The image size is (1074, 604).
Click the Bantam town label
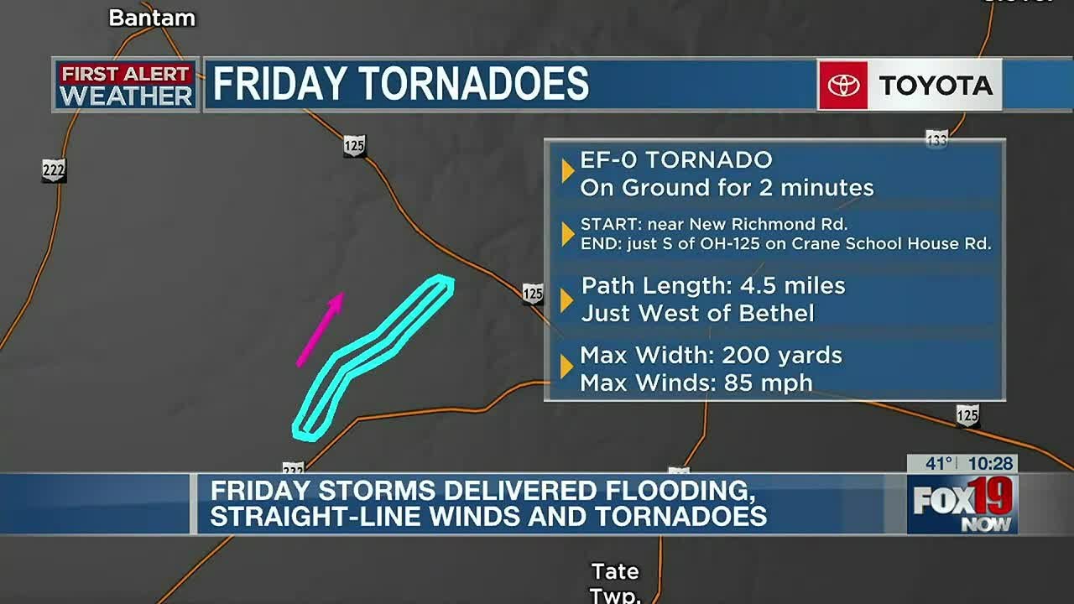coord(152,18)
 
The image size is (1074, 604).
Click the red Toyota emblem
coord(843,85)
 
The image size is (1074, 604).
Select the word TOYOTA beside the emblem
coord(935,85)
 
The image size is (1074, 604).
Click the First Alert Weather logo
coord(126,85)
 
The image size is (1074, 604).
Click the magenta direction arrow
coord(321,329)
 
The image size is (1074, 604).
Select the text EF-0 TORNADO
coord(676,160)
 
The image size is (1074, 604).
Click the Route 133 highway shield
coord(936,139)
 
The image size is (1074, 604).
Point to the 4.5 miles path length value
coord(792,286)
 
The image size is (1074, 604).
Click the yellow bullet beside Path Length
coord(566,299)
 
